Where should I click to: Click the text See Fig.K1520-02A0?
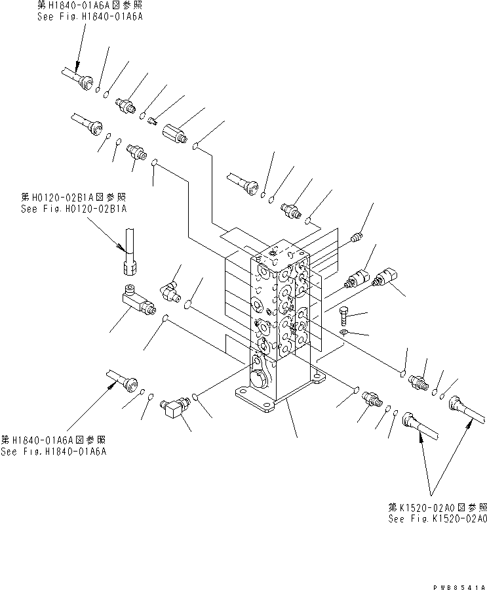pyautogui.click(x=437, y=518)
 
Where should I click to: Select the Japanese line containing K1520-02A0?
pyautogui.click(x=437, y=507)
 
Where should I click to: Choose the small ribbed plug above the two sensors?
pyautogui.click(x=357, y=235)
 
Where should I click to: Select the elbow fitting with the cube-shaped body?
pyautogui.click(x=174, y=410)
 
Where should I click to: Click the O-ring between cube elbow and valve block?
pyautogui.click(x=195, y=396)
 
